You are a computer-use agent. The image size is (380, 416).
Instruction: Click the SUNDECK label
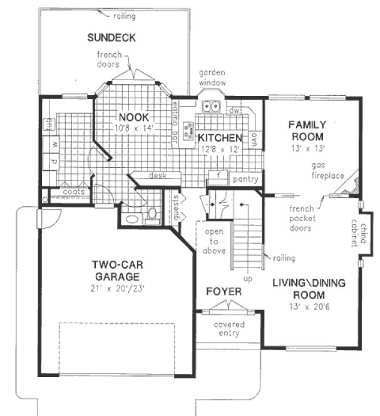pyautogui.click(x=111, y=38)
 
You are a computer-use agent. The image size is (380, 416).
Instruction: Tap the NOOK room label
pyautogui.click(x=133, y=116)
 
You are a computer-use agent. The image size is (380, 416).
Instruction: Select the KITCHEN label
pyautogui.click(x=219, y=138)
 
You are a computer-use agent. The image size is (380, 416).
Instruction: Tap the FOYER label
pyautogui.click(x=223, y=291)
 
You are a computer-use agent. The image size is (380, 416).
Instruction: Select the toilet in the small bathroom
pyautogui.click(x=152, y=214)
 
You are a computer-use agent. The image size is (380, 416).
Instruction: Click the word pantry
pyautogui.click(x=245, y=179)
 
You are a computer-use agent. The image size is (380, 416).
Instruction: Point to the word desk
pyautogui.click(x=157, y=176)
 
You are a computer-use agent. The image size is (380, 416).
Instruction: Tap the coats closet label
pyautogui.click(x=73, y=192)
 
